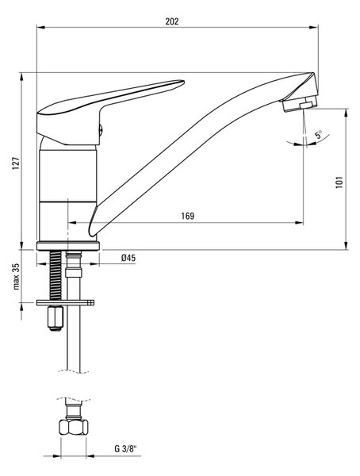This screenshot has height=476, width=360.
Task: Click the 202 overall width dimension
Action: click(172, 22)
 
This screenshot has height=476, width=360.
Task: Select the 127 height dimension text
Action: click(16, 163)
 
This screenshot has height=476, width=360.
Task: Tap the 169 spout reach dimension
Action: click(188, 216)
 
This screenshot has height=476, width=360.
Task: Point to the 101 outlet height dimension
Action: click(339, 182)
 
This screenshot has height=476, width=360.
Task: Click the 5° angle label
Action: click(318, 135)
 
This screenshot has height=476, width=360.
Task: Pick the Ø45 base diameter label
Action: click(128, 258)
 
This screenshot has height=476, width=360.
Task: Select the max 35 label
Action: click(16, 276)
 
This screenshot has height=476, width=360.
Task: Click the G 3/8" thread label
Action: click(126, 448)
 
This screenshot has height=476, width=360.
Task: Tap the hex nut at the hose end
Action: click(73, 427)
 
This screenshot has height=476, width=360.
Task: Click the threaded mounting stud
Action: click(56, 275)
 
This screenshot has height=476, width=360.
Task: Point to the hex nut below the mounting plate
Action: click(56, 318)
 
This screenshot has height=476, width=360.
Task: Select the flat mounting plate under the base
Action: click(65, 303)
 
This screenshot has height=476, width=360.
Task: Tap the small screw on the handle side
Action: click(101, 131)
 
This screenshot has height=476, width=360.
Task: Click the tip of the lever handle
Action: click(183, 82)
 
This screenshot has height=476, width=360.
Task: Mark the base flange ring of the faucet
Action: click(68, 246)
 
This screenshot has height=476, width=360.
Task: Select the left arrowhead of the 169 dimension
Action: click(72, 223)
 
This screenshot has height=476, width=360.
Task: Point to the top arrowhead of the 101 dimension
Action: click(346, 113)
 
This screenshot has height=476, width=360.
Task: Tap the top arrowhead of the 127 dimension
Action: click(21, 78)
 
